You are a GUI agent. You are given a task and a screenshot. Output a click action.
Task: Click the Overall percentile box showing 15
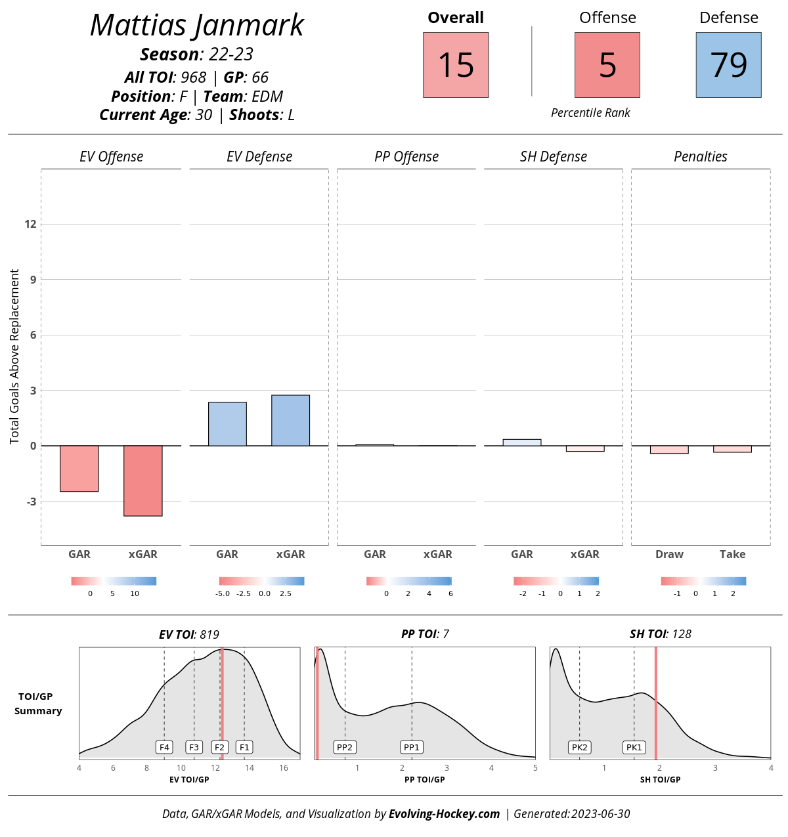coord(456,65)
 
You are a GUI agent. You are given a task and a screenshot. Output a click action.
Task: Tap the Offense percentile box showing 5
coord(607,65)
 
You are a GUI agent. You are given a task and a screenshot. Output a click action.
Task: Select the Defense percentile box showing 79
coord(728,65)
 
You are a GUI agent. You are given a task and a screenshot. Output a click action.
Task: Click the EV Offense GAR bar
coord(79,468)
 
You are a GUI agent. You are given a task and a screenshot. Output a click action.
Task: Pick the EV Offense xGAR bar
coord(143,481)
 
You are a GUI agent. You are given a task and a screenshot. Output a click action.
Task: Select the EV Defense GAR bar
coord(227,424)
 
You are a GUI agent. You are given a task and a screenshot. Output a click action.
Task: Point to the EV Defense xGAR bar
coord(290,420)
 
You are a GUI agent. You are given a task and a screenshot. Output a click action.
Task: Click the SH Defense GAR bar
coord(522,442)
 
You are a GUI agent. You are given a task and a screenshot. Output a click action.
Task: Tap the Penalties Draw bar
coord(669,450)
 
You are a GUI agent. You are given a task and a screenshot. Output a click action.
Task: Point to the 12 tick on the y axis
coord(30,224)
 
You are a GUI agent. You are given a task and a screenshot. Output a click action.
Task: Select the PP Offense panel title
coord(406,156)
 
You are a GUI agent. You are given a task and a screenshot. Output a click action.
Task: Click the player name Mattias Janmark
coord(197,26)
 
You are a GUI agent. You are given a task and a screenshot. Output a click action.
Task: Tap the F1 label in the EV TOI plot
coord(244,747)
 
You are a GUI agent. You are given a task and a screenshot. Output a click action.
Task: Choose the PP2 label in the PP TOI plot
coord(345,747)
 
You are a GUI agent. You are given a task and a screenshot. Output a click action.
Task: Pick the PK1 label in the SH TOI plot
coord(634,747)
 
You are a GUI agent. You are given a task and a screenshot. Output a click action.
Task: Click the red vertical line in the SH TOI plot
coord(655,702)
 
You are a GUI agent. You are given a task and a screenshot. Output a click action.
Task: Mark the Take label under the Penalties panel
coord(732,554)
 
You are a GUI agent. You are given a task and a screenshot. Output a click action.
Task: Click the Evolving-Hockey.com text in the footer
coord(444,814)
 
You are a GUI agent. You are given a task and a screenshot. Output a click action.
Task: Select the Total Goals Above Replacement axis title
coord(14,356)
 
